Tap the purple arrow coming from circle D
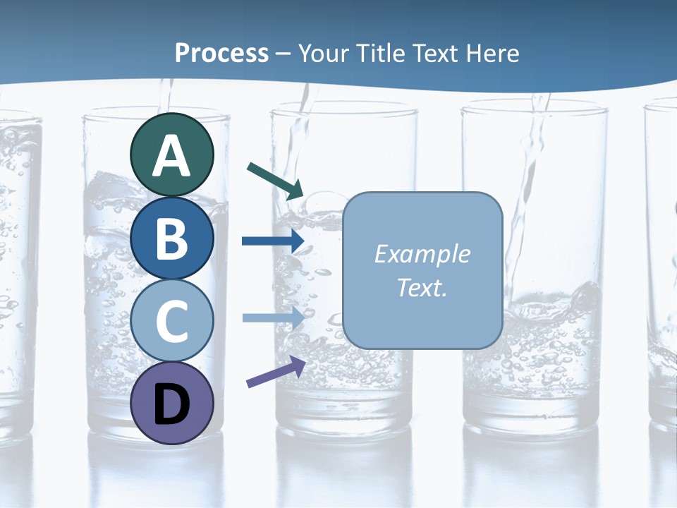pos(276,371)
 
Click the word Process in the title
pos(221,53)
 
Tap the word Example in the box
pos(422,254)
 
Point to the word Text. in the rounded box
pos(422,288)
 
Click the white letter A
pos(172,157)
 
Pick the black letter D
pos(172,404)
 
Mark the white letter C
pos(172,322)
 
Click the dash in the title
pos(283,54)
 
